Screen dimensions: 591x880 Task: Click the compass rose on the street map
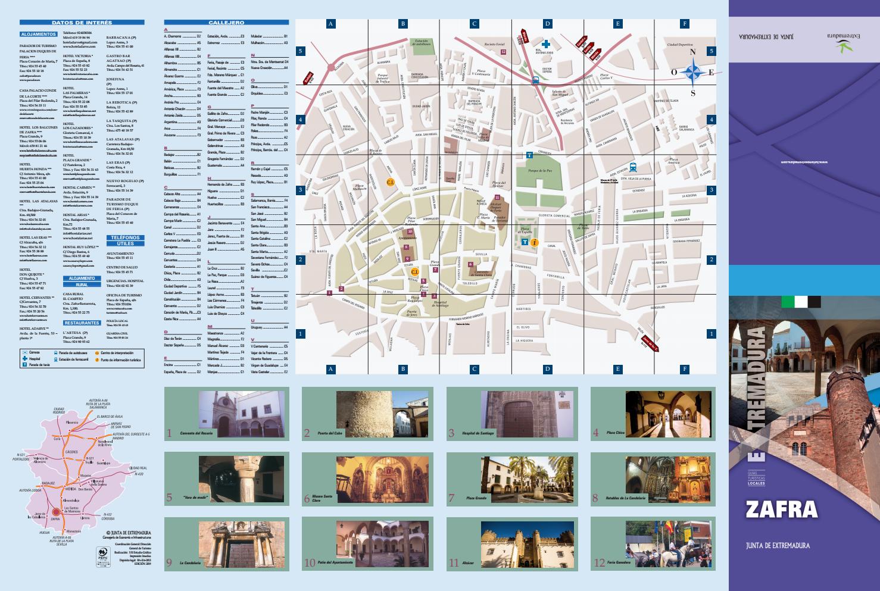[x=692, y=73]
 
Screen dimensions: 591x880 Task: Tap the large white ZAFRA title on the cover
[x=781, y=509]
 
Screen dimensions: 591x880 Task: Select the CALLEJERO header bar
[x=226, y=23]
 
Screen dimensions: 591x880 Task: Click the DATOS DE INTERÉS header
[x=82, y=23]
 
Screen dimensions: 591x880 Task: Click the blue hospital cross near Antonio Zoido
[x=545, y=44]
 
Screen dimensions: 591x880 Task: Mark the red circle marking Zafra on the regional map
[x=55, y=511]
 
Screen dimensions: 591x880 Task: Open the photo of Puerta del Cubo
[x=382, y=414]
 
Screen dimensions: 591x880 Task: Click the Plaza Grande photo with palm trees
[x=526, y=480]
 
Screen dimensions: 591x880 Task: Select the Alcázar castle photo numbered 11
[x=526, y=545]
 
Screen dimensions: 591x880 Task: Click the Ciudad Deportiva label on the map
[x=680, y=45]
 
